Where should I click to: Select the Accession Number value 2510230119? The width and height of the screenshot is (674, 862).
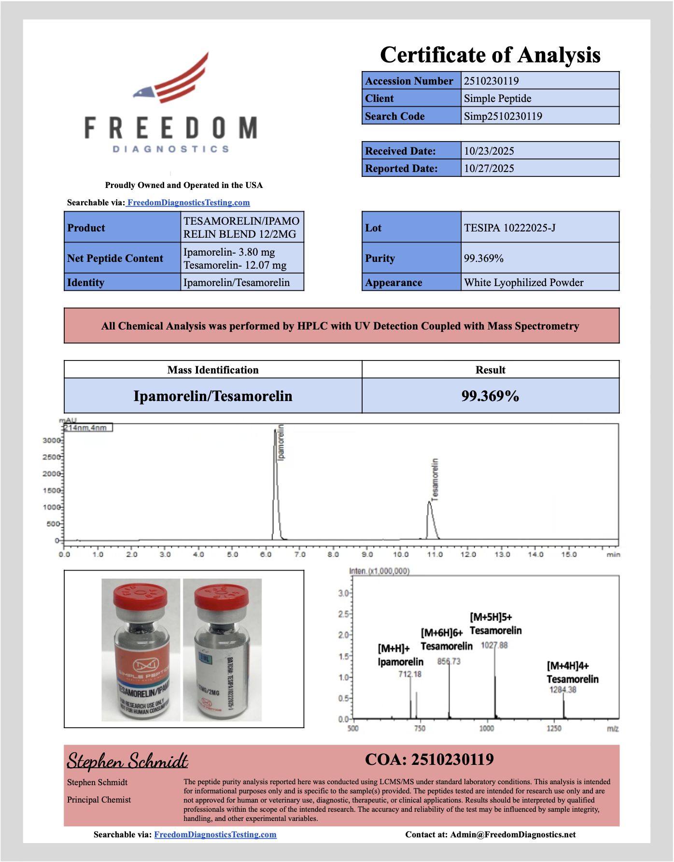491,81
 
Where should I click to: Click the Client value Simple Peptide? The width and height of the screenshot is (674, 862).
497,99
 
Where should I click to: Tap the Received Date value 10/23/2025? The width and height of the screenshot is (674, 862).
489,151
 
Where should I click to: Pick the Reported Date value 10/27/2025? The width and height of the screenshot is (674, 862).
489,169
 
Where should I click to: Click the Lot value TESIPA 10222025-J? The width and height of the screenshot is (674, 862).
509,228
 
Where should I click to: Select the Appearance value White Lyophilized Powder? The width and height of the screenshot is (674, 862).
523,283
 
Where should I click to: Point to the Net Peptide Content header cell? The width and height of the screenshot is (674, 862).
115,259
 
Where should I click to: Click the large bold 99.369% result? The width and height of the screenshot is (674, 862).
490,396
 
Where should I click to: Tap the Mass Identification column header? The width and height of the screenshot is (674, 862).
213,370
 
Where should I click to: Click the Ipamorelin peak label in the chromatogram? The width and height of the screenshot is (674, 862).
281,443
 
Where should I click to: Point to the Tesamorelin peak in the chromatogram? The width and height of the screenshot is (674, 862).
430,505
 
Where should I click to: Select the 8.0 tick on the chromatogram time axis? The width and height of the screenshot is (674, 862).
333,554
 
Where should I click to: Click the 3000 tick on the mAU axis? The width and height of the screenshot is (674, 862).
51,440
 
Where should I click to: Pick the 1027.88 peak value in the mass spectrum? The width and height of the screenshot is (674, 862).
494,646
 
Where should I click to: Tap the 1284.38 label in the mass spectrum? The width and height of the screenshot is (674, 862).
562,690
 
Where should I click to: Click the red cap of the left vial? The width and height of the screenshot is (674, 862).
140,594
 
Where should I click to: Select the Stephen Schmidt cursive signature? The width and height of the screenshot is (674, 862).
127,761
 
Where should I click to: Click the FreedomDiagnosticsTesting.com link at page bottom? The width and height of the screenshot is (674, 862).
215,834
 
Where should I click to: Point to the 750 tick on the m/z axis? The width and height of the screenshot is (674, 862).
420,728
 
